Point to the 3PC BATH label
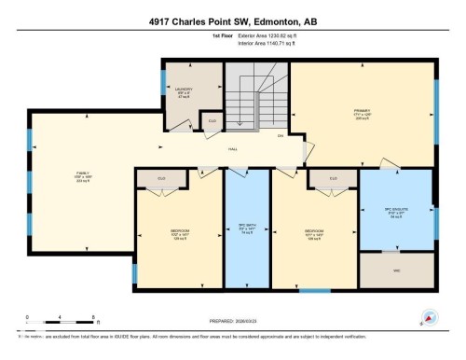[x=246, y=226]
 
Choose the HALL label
[x=233, y=150]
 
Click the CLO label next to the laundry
[x=212, y=120]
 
